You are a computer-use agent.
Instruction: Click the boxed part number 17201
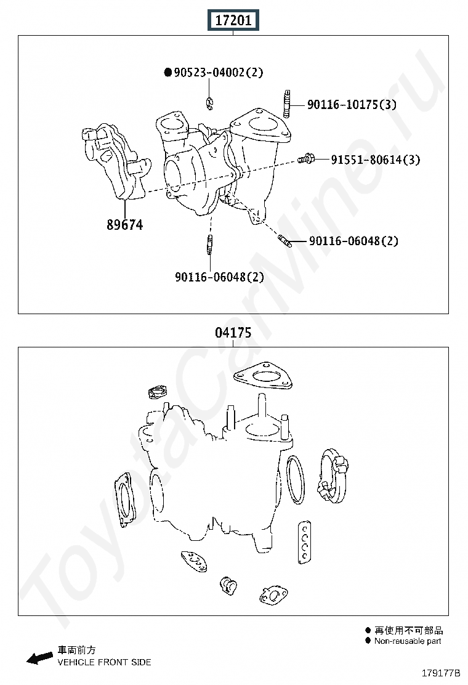click(x=233, y=20)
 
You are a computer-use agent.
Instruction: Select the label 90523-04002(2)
click(x=219, y=72)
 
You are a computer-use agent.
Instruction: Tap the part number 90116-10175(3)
click(x=352, y=104)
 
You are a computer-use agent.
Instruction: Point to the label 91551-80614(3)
click(x=376, y=160)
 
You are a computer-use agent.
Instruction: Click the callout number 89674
click(x=125, y=225)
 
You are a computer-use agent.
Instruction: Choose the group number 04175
click(x=233, y=333)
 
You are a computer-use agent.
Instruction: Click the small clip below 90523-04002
click(x=210, y=103)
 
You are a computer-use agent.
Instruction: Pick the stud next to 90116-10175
click(x=286, y=104)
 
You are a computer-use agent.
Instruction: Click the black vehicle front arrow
click(x=40, y=659)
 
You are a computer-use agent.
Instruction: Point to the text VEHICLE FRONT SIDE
click(x=104, y=662)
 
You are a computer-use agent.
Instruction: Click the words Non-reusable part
click(x=408, y=641)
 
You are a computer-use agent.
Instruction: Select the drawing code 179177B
click(x=441, y=673)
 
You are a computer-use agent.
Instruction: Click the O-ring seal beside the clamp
click(x=296, y=480)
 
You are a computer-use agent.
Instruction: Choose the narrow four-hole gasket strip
click(x=305, y=542)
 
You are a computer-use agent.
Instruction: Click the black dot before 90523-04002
click(x=168, y=72)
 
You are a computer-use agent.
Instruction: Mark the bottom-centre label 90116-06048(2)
click(x=220, y=277)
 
